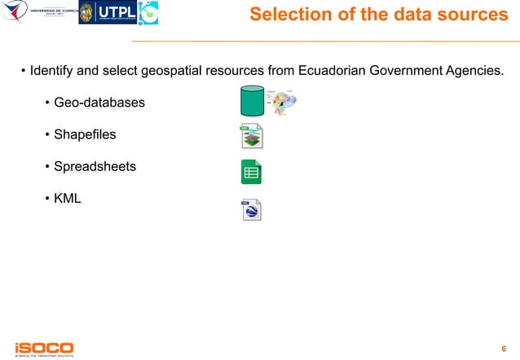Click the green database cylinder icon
coord(252,102)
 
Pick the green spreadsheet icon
coord(250,173)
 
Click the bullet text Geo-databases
coord(99,103)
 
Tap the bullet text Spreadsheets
coord(95,167)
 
